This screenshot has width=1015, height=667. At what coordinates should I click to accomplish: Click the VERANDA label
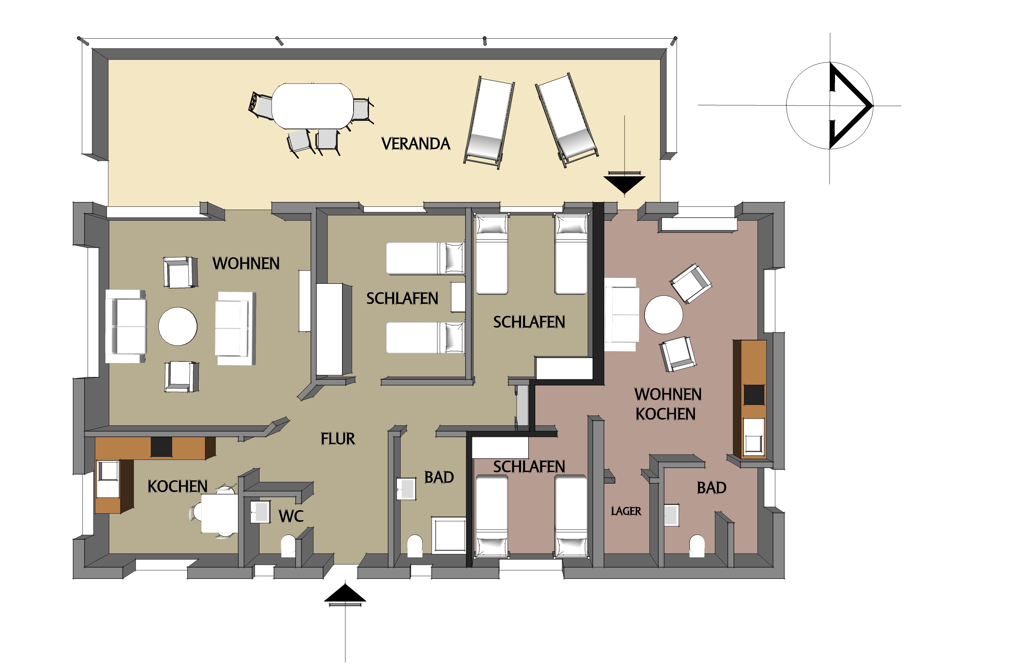[x=415, y=144]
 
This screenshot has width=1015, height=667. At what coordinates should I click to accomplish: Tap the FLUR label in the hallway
[x=338, y=439]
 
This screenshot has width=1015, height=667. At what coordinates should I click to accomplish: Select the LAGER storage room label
[x=626, y=511]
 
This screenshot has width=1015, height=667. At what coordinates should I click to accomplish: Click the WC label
[x=291, y=516]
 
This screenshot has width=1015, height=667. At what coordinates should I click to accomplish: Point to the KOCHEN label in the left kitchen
[x=177, y=486]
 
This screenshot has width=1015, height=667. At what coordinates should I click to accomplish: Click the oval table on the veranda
[x=313, y=106]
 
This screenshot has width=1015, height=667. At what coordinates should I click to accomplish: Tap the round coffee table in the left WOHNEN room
[x=178, y=326]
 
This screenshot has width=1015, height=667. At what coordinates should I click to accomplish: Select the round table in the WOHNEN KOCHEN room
[x=663, y=315]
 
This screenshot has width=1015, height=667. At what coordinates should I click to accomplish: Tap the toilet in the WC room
[x=288, y=546]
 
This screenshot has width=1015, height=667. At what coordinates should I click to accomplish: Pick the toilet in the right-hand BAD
[x=697, y=546]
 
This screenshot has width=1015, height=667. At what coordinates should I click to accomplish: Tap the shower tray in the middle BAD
[x=449, y=535]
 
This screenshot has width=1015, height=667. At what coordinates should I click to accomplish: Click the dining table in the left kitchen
[x=219, y=513]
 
